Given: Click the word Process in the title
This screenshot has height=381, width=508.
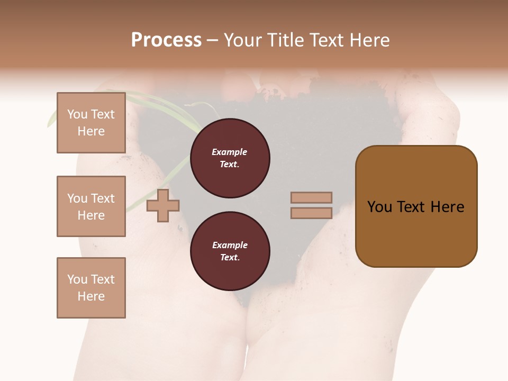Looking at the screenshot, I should tap(166, 40).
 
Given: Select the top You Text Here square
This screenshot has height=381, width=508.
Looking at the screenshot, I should tap(91, 123).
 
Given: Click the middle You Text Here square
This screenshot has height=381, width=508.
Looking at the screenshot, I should tap(91, 206).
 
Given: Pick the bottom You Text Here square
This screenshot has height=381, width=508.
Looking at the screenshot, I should tap(91, 288).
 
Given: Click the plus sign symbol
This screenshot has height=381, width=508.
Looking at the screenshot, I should tap(163, 205).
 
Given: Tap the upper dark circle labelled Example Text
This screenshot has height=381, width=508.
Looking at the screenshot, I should tap(230, 158).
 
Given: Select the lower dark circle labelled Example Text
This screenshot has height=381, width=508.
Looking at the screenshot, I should tap(230, 251).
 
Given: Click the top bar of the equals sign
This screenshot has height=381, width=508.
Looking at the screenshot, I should tap(311, 197).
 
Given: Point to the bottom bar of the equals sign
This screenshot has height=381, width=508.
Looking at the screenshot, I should tap(311, 213).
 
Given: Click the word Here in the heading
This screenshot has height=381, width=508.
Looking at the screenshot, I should tap(368, 40).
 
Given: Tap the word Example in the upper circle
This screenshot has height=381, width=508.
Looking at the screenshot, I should tap(230, 152).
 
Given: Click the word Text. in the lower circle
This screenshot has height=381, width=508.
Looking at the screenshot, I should tap(230, 258).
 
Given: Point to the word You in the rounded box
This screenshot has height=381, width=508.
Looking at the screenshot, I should tap(380, 207).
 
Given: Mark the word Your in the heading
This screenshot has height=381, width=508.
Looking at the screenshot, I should tap(243, 40).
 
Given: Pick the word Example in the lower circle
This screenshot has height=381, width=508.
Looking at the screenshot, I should tap(230, 246).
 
